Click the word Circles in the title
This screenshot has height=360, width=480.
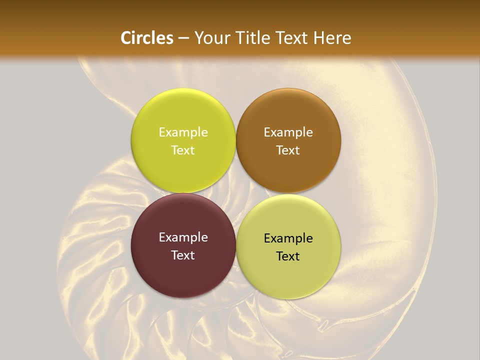coord(147,38)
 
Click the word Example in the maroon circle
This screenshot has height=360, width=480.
coord(183,237)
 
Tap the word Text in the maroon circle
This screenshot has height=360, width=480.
coord(183,255)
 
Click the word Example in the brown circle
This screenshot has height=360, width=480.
coord(288,132)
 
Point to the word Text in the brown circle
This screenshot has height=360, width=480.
coord(288,150)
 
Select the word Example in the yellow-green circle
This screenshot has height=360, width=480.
coord(183,132)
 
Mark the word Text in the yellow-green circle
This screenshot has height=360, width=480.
coord(183,150)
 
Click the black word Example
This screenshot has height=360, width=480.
coord(288,238)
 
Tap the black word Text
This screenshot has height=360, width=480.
coord(288,256)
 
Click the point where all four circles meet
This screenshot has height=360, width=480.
coord(236,193)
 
